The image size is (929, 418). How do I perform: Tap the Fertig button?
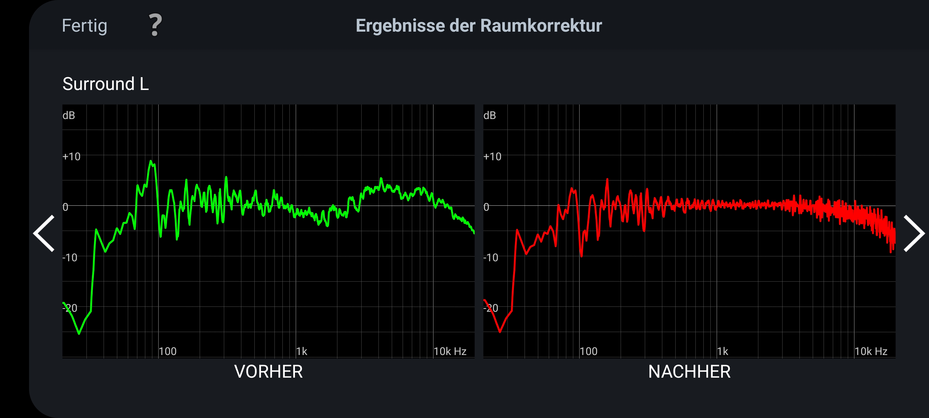pos(84,26)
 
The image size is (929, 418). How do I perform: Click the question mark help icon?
pos(155,25)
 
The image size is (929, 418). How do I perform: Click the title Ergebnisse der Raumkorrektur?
pos(478,26)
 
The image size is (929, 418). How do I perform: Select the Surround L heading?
pos(105,84)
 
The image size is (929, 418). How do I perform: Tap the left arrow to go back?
pos(44,233)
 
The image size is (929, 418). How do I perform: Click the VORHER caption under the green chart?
pos(268,372)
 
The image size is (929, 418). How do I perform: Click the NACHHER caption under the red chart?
pos(689,372)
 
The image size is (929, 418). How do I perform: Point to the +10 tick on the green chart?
pos(71,156)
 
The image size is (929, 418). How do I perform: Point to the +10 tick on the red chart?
pos(492,156)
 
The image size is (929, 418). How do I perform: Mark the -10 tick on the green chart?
pos(70,257)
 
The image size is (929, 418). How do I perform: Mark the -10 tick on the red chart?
pos(491,257)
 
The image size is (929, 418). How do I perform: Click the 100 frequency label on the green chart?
pos(168,351)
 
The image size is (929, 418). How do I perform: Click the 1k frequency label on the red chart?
pos(722,351)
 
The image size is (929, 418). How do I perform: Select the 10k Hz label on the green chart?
pos(450,351)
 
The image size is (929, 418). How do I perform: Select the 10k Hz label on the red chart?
pos(871,351)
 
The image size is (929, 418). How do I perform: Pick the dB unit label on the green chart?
pos(69,116)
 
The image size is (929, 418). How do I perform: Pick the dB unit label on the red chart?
pos(489,116)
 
